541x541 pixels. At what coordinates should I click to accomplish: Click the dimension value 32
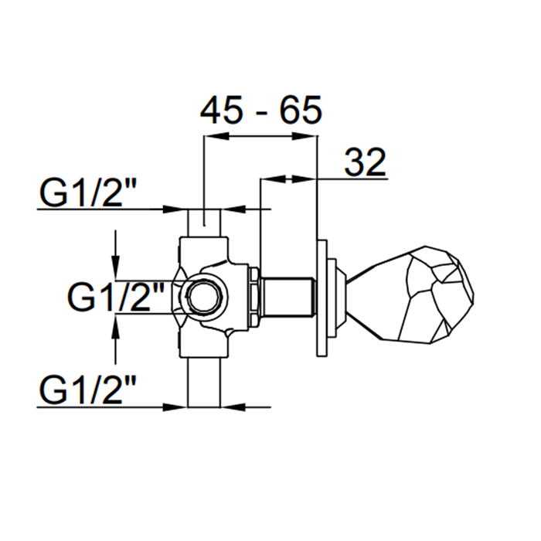(x=365, y=162)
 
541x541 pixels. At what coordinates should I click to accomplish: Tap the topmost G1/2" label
(x=87, y=193)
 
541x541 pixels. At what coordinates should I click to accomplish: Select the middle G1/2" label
(x=115, y=297)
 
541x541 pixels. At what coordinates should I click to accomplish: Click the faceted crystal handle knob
(x=410, y=294)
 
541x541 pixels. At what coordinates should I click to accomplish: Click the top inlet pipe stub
(x=204, y=223)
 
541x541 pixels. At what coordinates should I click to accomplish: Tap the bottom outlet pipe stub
(x=204, y=383)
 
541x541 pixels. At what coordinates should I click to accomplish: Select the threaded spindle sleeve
(x=288, y=296)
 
